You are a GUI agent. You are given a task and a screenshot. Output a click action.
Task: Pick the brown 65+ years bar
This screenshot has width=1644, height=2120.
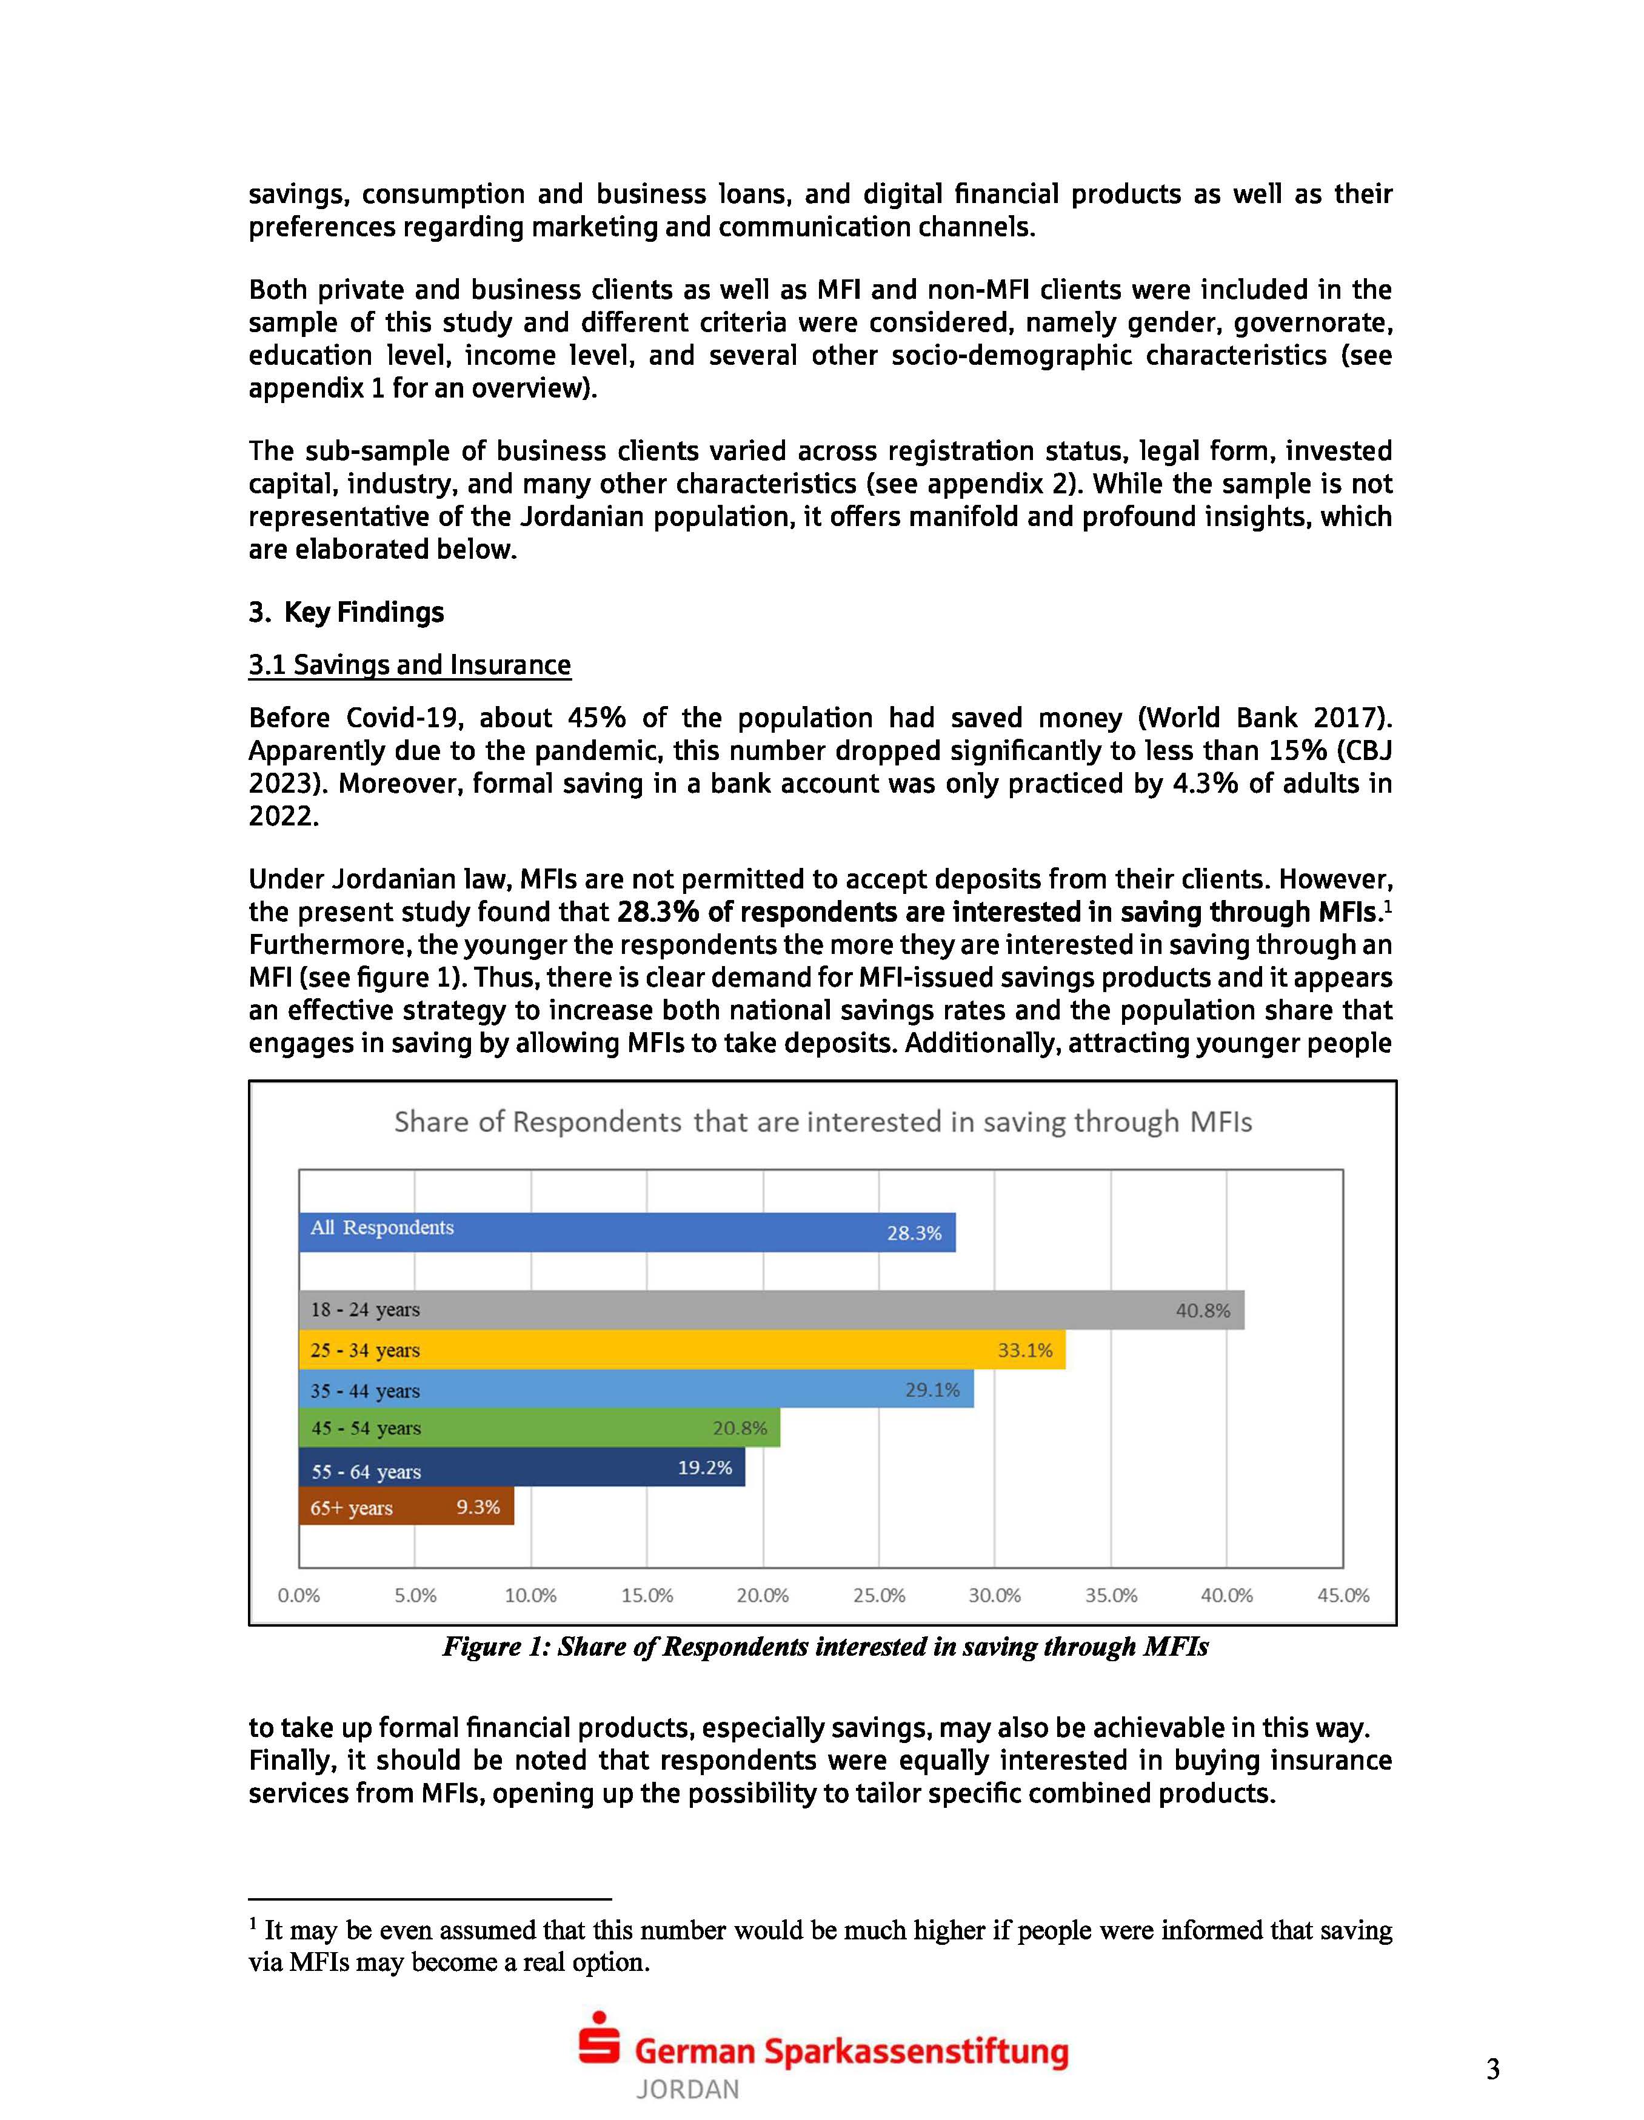pyautogui.click(x=406, y=1507)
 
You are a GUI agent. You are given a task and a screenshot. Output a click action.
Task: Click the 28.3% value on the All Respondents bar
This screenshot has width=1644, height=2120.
pyautogui.click(x=914, y=1233)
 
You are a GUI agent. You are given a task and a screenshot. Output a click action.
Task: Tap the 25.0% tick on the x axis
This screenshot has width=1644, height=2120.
pyautogui.click(x=879, y=1595)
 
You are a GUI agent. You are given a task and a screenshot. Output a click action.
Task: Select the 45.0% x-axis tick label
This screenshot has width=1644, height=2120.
pyautogui.click(x=1343, y=1595)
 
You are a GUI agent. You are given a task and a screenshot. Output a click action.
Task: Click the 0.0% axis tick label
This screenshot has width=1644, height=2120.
pyautogui.click(x=299, y=1595)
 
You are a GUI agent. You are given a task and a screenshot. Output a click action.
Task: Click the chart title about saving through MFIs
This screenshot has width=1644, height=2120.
pyautogui.click(x=823, y=1122)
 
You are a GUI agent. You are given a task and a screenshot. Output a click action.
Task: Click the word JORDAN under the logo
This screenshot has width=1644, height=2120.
pyautogui.click(x=687, y=2089)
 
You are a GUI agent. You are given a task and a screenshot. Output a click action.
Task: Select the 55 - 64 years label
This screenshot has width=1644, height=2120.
pyautogui.click(x=366, y=1472)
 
